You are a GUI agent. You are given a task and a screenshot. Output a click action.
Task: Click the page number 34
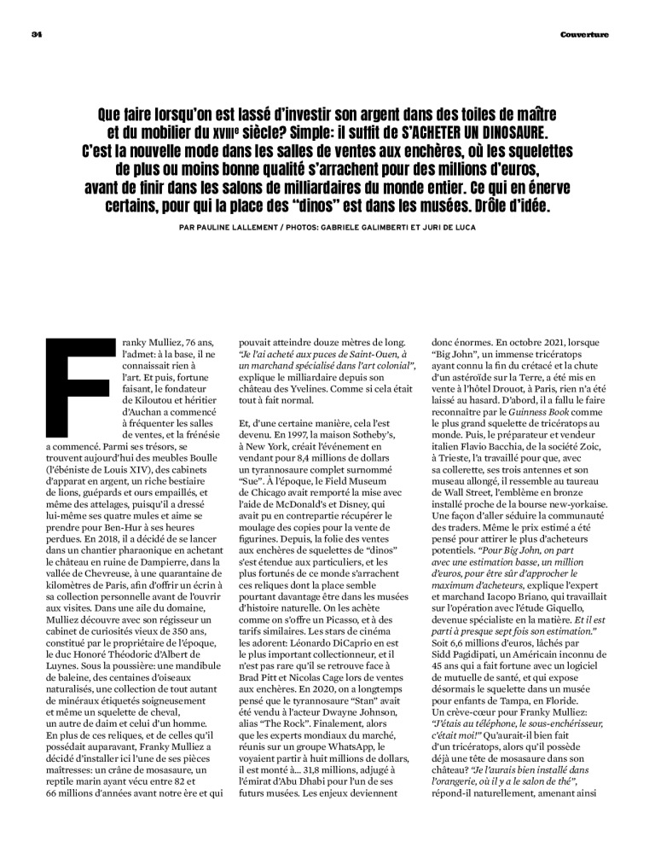pyautogui.click(x=36, y=34)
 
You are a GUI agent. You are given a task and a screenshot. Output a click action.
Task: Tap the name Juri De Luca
pyautogui.click(x=445, y=229)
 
